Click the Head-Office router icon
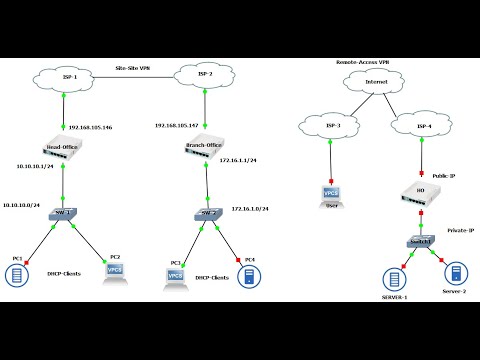62,148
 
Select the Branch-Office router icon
205,147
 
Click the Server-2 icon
453,273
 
